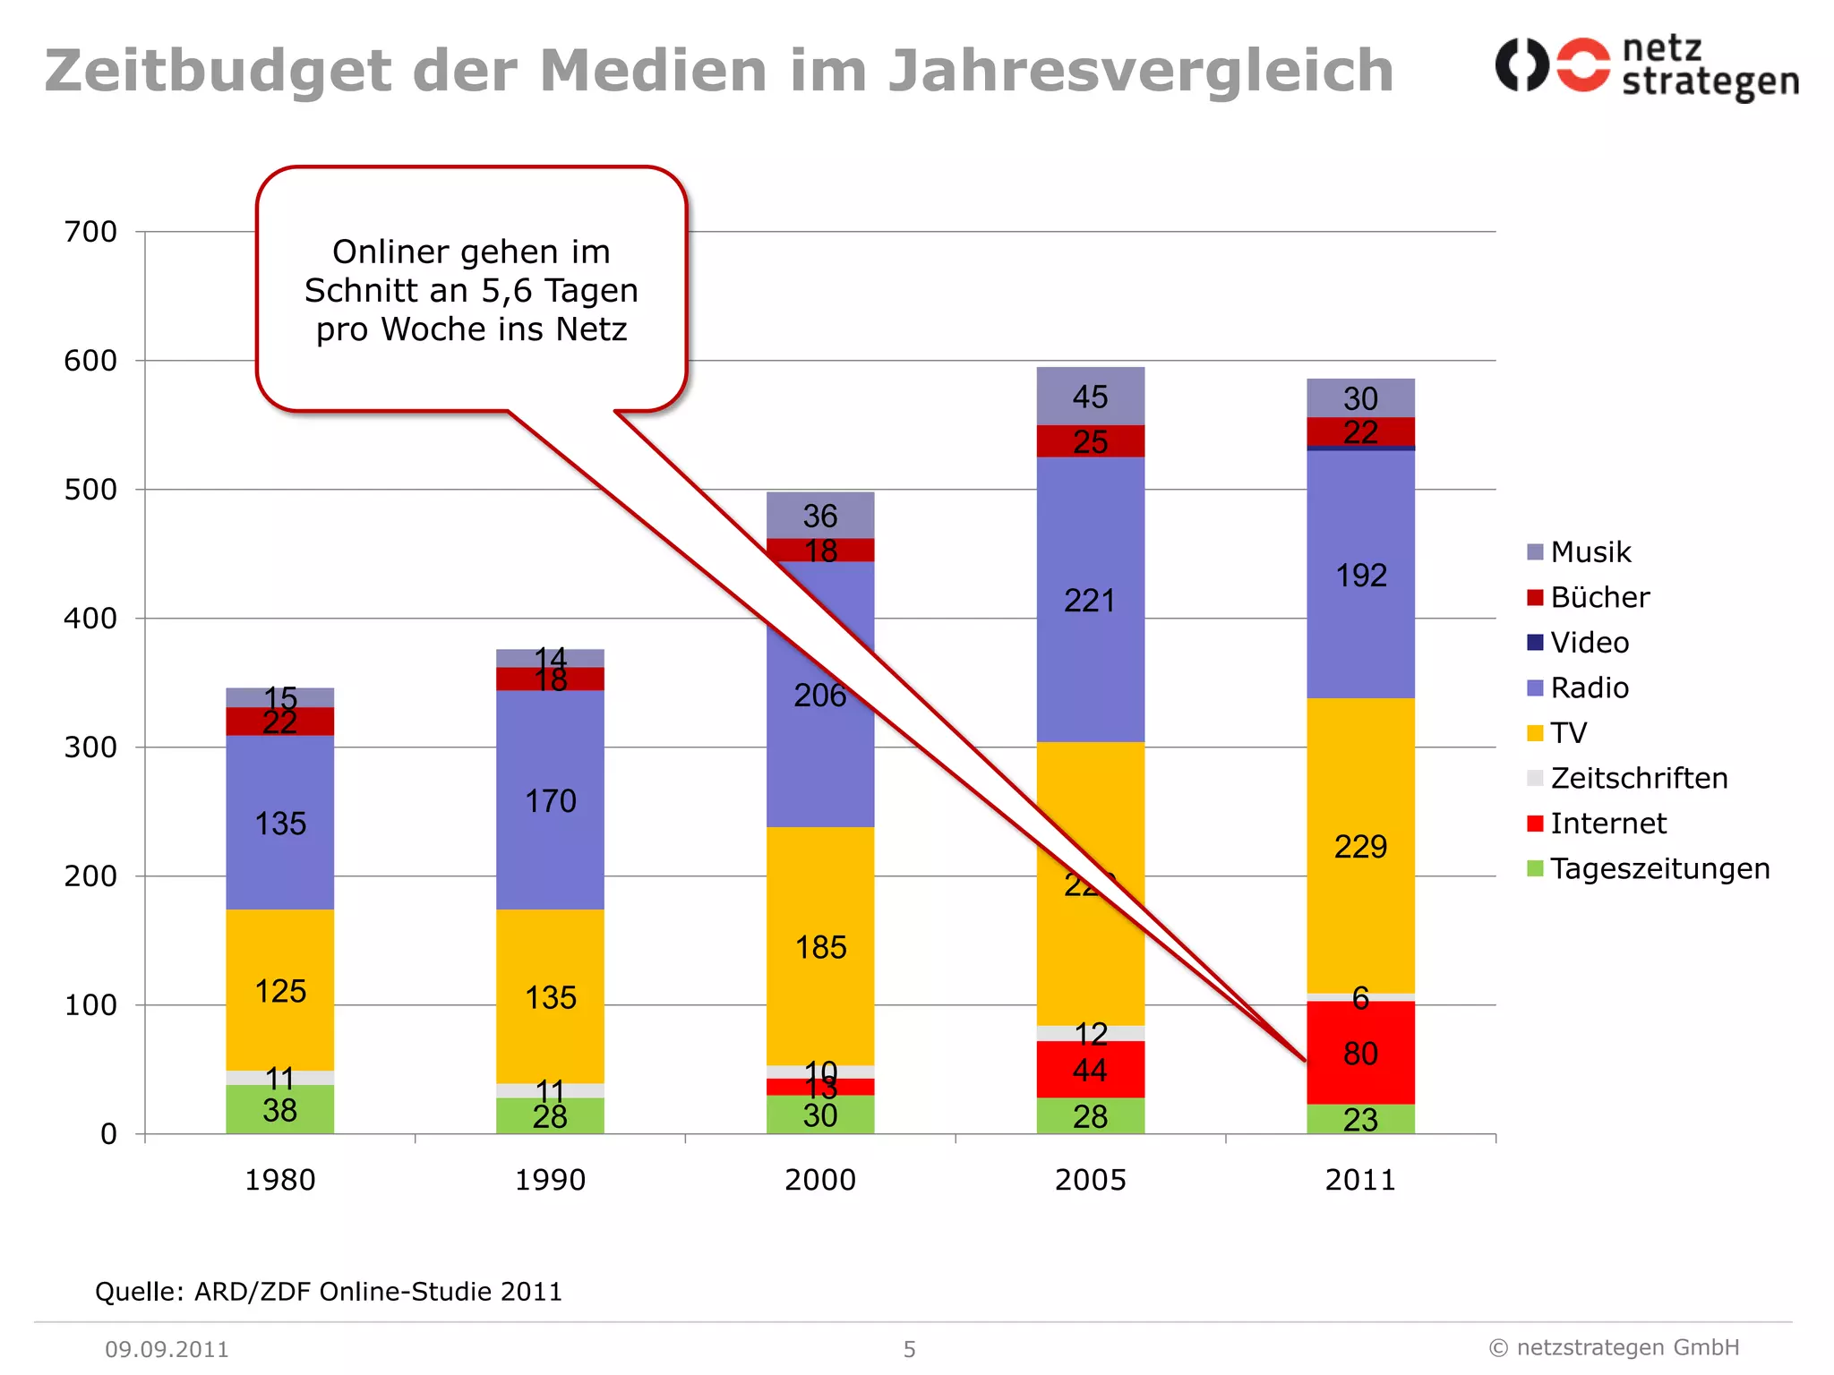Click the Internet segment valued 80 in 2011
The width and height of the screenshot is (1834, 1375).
1360,1053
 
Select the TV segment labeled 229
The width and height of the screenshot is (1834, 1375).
1360,846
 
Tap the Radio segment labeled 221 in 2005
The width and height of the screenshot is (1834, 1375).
1090,600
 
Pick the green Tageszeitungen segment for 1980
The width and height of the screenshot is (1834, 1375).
279,1110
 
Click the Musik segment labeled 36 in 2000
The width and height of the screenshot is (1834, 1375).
819,516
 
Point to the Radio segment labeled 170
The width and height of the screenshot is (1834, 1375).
550,800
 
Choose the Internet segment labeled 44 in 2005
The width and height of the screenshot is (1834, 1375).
1090,1070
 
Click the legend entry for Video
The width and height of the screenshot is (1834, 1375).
1589,643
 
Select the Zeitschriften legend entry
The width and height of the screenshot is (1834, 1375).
1638,778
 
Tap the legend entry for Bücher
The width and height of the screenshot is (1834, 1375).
1598,597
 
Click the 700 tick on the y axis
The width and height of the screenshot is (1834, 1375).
90,232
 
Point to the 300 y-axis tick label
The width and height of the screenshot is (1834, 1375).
90,747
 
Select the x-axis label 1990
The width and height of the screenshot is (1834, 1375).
550,1180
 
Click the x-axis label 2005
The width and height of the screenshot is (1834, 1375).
1090,1180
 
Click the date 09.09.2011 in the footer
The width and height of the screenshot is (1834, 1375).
167,1349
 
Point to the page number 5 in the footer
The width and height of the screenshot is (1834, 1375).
909,1349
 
